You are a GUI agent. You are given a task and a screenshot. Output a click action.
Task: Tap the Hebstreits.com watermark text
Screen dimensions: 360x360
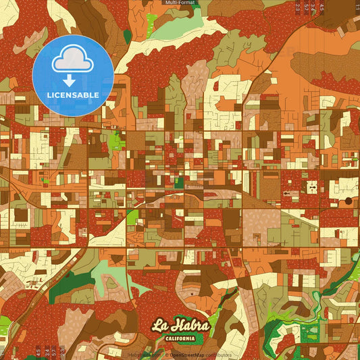tap(143, 355)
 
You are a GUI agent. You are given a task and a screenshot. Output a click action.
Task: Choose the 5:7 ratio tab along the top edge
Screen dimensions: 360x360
tap(306, 7)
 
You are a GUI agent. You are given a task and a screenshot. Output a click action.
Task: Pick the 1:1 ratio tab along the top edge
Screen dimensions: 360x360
tap(358, 7)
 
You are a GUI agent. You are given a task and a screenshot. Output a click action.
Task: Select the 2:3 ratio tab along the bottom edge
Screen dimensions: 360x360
tap(61, 352)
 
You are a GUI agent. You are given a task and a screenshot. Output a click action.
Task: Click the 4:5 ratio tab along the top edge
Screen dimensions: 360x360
tap(322, 7)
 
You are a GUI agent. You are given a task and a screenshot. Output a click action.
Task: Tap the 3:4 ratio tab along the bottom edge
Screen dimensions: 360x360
tap(47, 352)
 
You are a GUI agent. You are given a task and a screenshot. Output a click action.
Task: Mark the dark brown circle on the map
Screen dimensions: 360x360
tap(349, 201)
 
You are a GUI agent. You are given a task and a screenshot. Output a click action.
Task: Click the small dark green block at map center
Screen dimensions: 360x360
tap(179, 182)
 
